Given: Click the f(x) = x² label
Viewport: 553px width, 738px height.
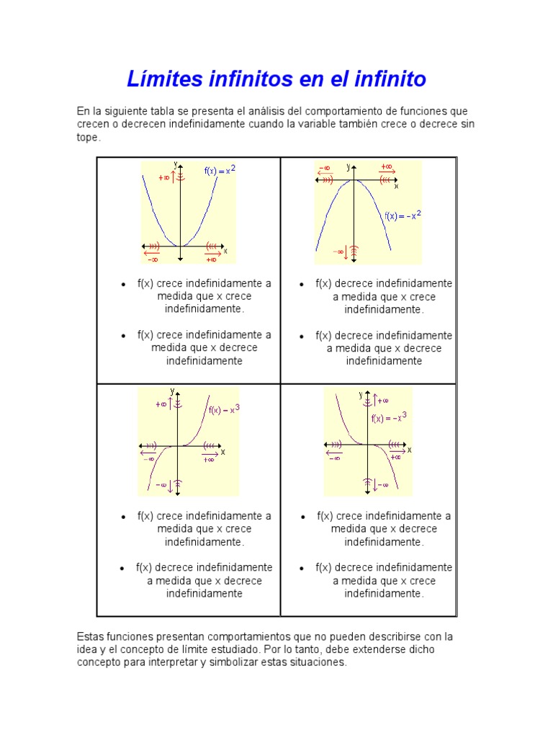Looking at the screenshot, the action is tap(220, 170).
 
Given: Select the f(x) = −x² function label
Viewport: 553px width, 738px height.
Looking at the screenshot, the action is tap(403, 215).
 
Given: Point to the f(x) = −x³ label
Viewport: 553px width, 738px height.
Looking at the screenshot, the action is tap(389, 417).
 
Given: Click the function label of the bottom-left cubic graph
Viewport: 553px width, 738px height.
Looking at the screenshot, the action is tap(224, 410).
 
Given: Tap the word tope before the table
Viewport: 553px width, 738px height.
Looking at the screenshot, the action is tap(89, 137).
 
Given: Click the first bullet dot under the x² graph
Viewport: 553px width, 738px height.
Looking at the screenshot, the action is tap(123, 285).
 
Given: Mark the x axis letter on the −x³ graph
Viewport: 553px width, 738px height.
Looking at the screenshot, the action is tap(409, 449).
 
